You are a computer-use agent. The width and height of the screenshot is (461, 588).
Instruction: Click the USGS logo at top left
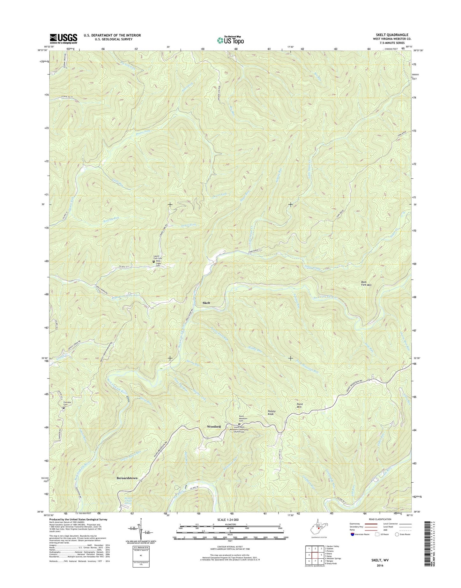(63, 38)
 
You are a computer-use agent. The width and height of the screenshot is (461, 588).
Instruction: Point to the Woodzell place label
(214, 426)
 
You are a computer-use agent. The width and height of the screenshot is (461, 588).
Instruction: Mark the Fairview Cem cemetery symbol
(63, 408)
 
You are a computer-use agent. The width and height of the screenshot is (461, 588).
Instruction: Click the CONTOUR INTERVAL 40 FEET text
(230, 555)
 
